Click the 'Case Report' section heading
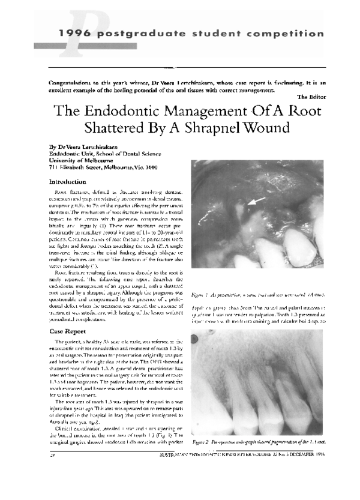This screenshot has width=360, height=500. pos(69,331)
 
